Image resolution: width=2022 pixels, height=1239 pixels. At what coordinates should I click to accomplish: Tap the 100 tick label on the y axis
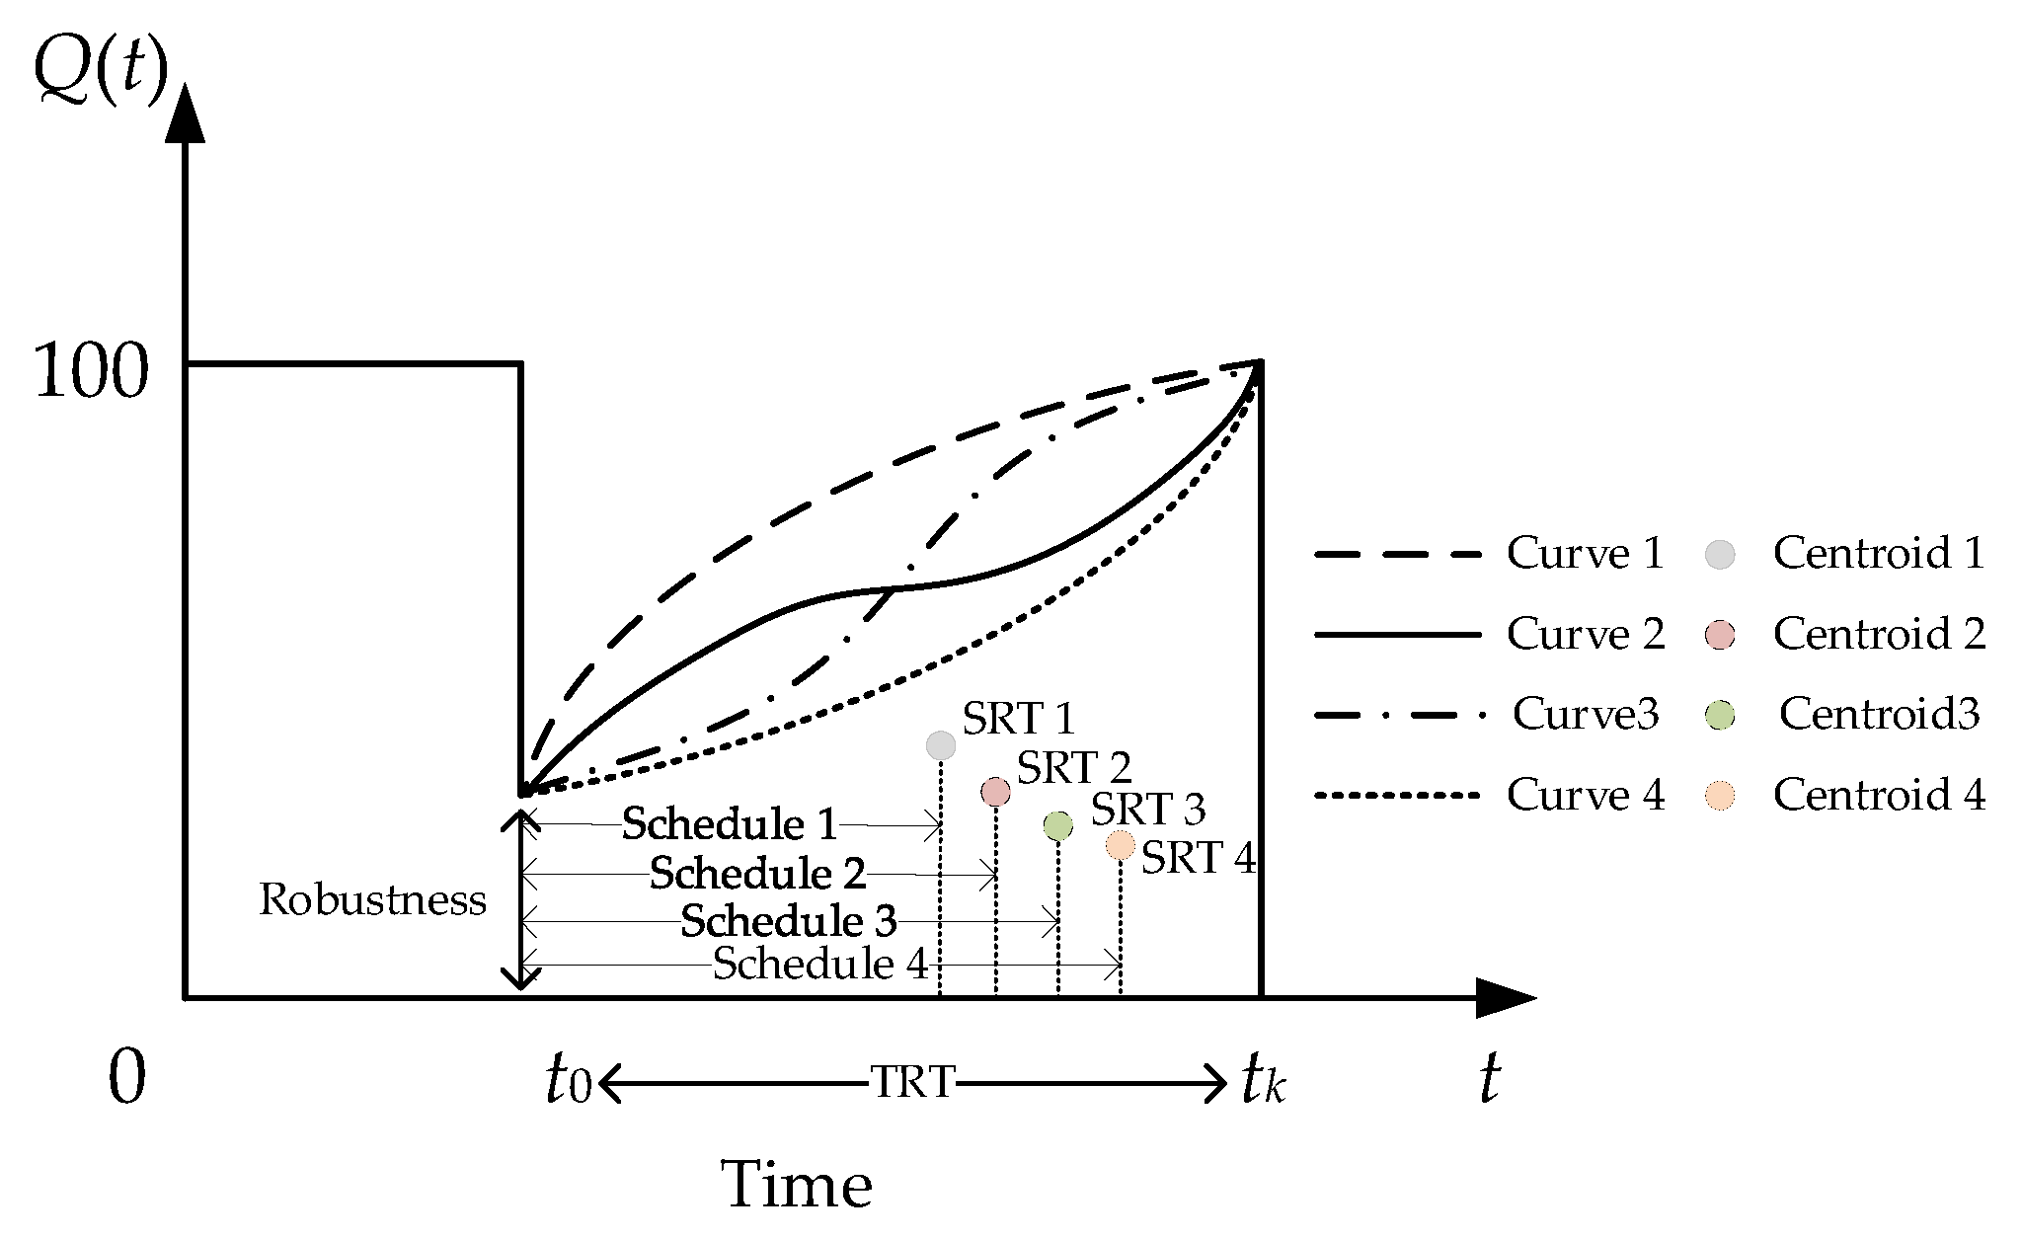[91, 372]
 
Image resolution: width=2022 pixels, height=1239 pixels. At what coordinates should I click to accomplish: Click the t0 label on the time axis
[568, 1081]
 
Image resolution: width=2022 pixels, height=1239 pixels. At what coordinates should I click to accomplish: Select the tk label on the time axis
[1263, 1081]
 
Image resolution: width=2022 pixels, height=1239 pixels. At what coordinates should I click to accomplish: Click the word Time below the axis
[798, 1184]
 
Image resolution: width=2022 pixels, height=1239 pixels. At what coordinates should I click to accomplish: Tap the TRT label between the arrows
[912, 1083]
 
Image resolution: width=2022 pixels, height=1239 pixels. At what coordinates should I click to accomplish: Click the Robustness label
[372, 899]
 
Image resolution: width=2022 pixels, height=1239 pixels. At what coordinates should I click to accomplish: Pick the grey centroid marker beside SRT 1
[942, 745]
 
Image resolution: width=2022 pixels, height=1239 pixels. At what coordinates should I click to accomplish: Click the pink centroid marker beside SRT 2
[996, 791]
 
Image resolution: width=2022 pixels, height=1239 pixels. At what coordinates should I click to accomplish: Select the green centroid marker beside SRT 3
[1058, 825]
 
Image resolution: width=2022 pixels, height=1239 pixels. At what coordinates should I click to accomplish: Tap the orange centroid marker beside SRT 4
[1121, 845]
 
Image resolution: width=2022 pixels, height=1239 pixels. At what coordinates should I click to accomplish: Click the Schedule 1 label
[730, 824]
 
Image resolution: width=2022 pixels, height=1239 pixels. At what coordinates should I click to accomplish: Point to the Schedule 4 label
[820, 964]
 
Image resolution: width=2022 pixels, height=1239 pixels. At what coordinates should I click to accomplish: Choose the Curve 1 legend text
[1586, 553]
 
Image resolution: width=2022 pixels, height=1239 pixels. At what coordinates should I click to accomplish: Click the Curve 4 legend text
[1586, 795]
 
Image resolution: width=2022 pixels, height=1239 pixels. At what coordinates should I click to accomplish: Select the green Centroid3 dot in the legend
[1721, 715]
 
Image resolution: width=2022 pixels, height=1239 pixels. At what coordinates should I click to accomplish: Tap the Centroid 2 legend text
[1879, 634]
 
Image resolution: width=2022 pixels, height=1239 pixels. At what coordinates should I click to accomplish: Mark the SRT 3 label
[1148, 810]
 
